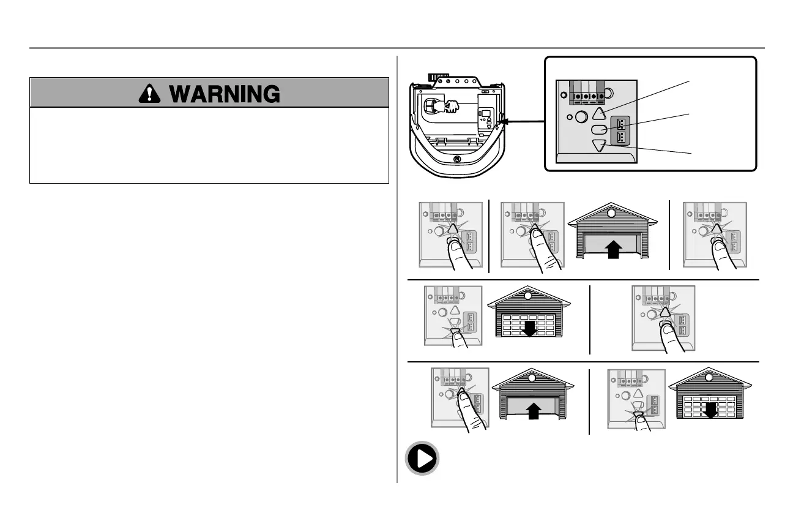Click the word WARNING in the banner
pos(225,94)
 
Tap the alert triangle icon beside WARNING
pos(147,94)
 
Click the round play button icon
pos(422,459)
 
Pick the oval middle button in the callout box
pos(600,130)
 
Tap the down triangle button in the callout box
pos(600,145)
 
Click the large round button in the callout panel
pos(583,116)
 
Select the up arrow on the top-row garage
pos(612,250)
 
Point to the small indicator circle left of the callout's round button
pos(570,117)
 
